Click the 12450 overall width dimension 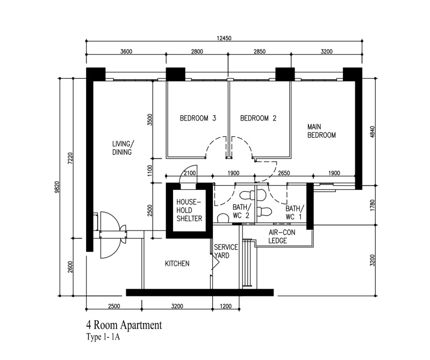[224, 38]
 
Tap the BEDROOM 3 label [198, 118]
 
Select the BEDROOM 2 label [258, 118]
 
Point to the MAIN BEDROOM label [321, 131]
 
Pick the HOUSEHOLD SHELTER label [189, 210]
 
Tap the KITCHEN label [177, 264]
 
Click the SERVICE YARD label [226, 251]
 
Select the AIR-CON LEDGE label [282, 236]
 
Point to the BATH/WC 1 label [295, 213]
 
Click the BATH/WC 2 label [241, 211]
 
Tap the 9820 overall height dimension [57, 187]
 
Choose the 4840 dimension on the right [372, 132]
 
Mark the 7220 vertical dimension [70, 158]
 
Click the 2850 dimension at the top [260, 52]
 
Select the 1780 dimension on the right [372, 205]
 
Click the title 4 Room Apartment [124, 325]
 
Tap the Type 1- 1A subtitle [103, 337]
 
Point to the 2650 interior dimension [284, 173]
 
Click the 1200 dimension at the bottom [226, 306]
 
